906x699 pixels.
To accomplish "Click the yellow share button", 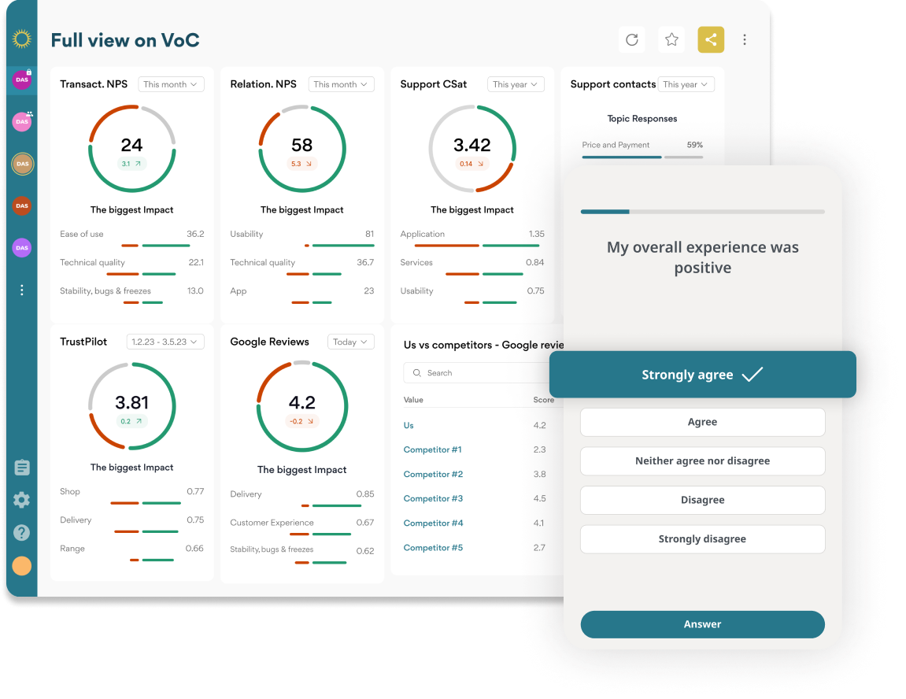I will click(x=711, y=39).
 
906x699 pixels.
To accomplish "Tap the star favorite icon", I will click(x=671, y=39).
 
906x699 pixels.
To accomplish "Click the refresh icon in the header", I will click(x=631, y=39).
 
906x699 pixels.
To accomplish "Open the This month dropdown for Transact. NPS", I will click(x=171, y=84).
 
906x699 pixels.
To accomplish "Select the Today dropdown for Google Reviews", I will click(x=350, y=342).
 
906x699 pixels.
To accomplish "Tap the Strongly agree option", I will click(x=702, y=375).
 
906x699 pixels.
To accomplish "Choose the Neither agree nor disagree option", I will click(x=702, y=461).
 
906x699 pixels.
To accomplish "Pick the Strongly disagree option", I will click(x=702, y=539).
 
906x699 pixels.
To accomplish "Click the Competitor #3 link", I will click(x=433, y=498).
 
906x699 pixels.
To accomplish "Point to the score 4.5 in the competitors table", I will click(x=539, y=498).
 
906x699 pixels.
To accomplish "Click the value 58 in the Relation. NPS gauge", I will click(x=301, y=145).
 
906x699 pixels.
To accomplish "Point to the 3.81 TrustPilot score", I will click(x=131, y=402).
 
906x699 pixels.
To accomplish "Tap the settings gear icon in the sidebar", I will click(x=22, y=500).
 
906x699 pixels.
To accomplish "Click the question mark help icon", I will click(x=22, y=533).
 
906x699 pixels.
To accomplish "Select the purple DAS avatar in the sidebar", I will click(x=22, y=248).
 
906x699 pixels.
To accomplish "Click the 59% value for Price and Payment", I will click(x=694, y=145).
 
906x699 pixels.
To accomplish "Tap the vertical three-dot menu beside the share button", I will click(x=745, y=39).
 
